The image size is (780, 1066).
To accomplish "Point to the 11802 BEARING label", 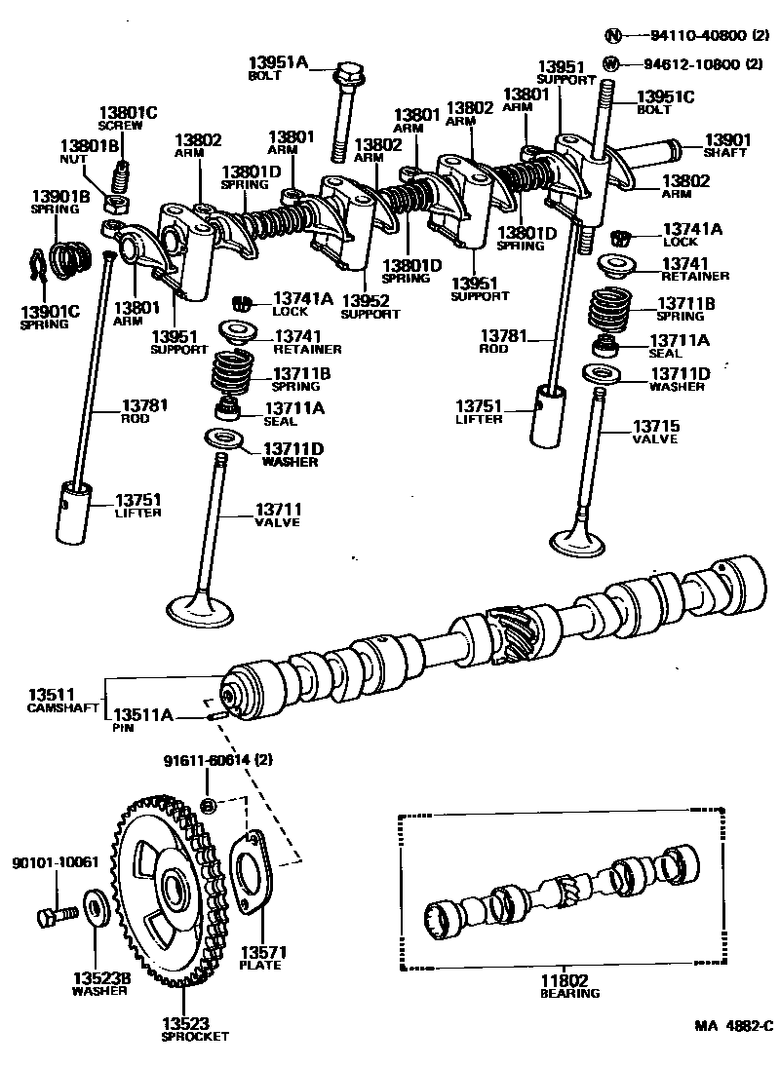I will [x=569, y=987].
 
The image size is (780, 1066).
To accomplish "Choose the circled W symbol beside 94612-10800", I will [x=611, y=64].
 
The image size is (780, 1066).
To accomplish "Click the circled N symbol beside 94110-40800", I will [x=612, y=36].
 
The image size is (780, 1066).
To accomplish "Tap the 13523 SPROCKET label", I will [x=194, y=1029].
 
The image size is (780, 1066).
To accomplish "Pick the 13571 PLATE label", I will [x=260, y=957].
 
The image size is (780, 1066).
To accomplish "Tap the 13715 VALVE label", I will [x=656, y=432].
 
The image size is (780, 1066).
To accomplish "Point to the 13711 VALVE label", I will [x=279, y=514].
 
